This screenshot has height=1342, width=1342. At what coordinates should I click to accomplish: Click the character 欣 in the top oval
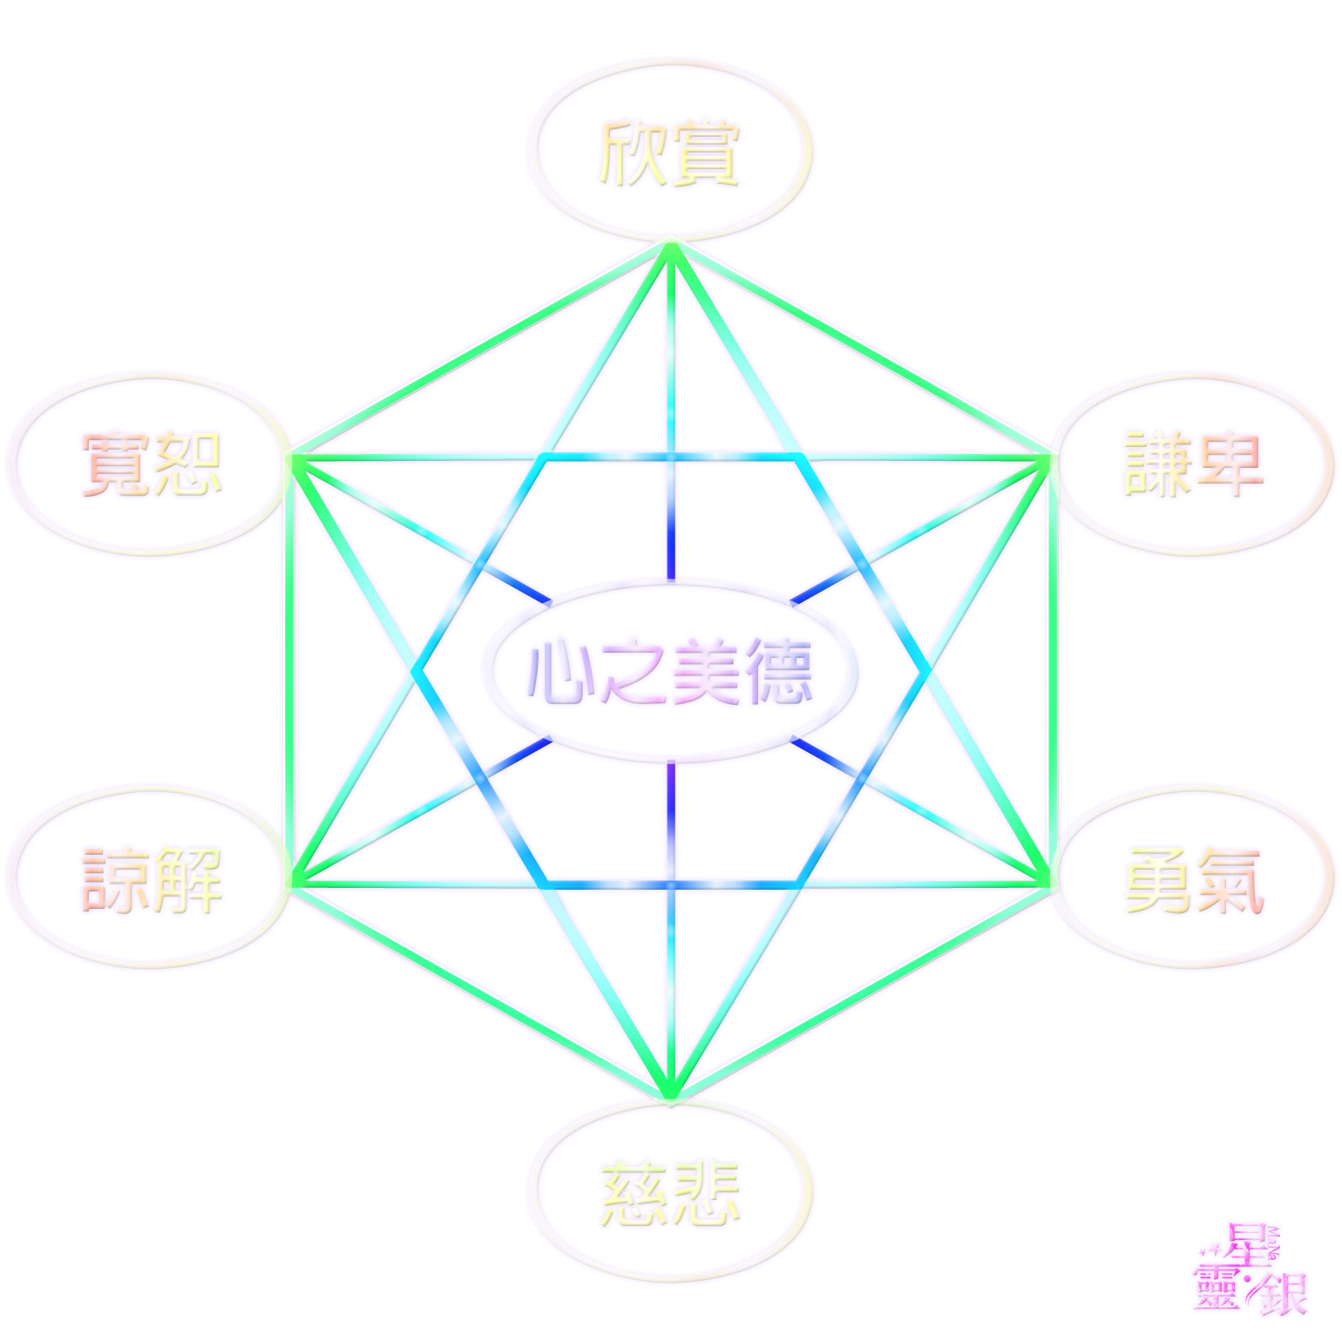[631, 154]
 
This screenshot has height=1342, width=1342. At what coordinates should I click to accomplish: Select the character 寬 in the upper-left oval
[114, 464]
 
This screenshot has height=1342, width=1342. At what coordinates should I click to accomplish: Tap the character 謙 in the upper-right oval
[1155, 464]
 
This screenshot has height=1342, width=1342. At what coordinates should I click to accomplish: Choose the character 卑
[1229, 464]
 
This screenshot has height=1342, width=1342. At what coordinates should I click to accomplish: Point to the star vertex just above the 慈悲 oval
[670, 1095]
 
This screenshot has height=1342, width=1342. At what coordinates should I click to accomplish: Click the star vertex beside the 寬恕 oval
[295, 455]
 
